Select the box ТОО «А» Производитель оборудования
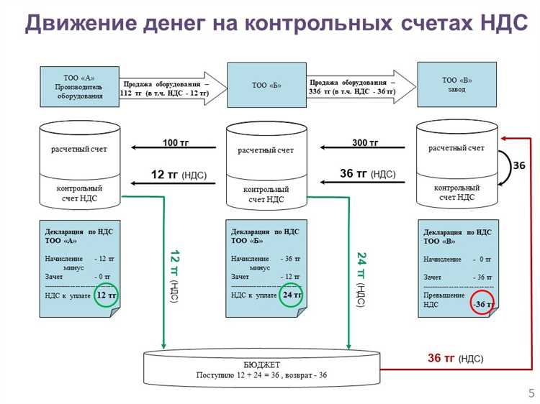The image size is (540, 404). coord(79,86)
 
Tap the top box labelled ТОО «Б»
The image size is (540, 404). coord(266,86)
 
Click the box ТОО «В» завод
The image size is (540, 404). coord(457,85)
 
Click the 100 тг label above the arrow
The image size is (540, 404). coord(175,143)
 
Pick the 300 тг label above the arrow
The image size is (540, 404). coord(365,143)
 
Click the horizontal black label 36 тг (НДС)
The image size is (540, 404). coord(367,174)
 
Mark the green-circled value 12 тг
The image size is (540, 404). coord(106,295)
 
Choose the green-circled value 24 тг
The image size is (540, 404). coord(292,295)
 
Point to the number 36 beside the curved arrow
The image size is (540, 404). coord(519,165)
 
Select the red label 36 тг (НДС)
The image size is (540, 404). coord(455,358)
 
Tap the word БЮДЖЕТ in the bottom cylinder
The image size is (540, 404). coord(262,364)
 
